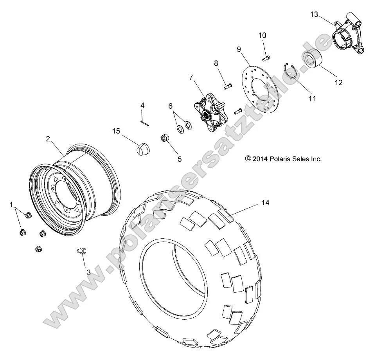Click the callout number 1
coord(11,204)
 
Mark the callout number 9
coord(239,49)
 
